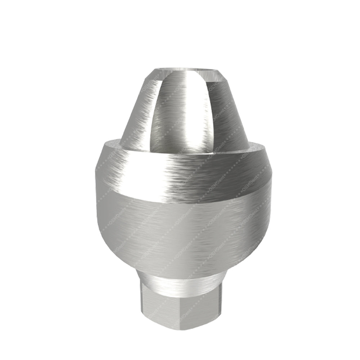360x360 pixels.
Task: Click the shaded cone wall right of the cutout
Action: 223,115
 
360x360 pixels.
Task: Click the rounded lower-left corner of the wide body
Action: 112,248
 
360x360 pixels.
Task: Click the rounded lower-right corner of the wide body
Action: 248,248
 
